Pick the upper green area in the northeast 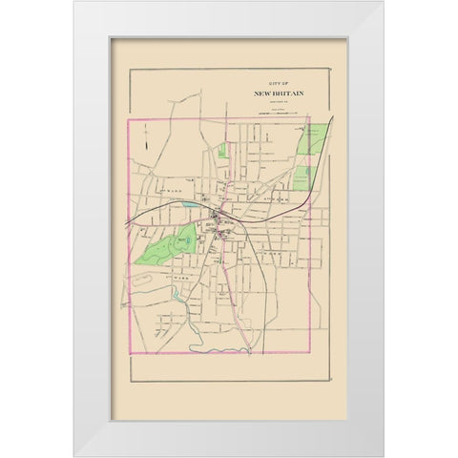[x=310, y=141]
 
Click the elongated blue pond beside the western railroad [x=194, y=204]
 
